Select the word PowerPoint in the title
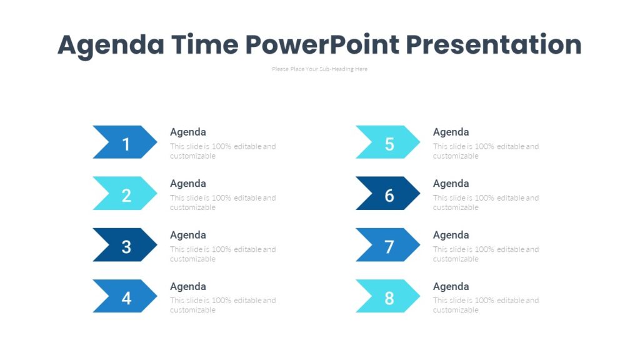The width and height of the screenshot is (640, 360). click(321, 46)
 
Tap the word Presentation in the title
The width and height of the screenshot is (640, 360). click(494, 46)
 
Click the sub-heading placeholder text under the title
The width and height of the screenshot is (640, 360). click(319, 69)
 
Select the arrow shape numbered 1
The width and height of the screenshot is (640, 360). click(125, 142)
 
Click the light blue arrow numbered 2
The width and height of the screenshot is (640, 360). click(125, 193)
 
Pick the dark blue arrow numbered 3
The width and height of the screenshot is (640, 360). click(125, 244)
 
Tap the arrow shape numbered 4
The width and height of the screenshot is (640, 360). click(125, 296)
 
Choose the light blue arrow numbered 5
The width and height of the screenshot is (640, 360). click(388, 142)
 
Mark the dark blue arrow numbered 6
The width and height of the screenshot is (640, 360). click(388, 193)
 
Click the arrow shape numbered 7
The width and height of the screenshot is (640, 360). click(388, 244)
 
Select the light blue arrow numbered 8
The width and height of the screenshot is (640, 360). click(388, 296)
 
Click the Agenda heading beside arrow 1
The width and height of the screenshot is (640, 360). click(188, 132)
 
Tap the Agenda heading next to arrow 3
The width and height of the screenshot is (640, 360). click(188, 235)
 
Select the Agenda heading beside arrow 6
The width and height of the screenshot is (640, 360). click(451, 184)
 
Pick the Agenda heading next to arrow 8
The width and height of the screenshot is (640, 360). click(451, 286)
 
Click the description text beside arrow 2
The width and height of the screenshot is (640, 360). click(222, 202)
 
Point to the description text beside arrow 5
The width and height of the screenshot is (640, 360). click(486, 151)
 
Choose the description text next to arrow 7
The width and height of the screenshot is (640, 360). click(486, 254)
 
